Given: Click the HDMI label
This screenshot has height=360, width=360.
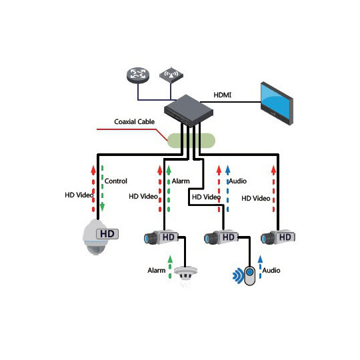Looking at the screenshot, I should coord(223,95).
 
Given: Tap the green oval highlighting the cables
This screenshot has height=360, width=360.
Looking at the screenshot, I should coord(191,140).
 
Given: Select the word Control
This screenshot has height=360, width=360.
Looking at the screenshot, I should coord(116,181).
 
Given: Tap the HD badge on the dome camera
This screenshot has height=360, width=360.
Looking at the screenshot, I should coord(107,234).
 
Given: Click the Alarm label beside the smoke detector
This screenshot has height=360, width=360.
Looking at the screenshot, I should coord(156,270).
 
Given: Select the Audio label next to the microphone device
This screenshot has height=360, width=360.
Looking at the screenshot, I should coord(271,270).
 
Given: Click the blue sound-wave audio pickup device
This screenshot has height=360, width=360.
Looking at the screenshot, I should coord(243,275).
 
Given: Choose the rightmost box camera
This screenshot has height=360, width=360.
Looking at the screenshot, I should coord(279,237).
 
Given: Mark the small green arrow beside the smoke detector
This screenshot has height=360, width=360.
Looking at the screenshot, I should coord(170,263).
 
